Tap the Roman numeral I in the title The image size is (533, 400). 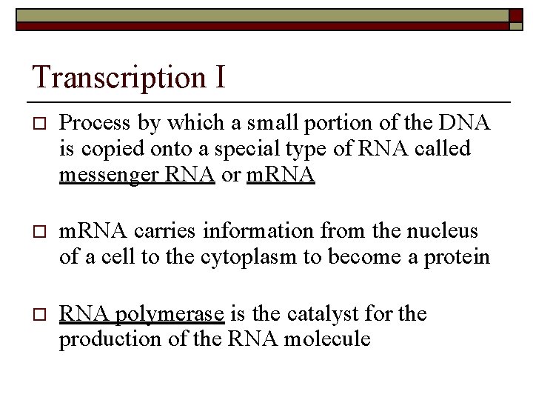click(x=220, y=77)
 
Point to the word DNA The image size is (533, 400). click(x=464, y=124)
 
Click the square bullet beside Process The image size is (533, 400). click(x=39, y=124)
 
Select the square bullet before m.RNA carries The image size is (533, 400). click(x=39, y=233)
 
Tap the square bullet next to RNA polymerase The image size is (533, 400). click(x=39, y=315)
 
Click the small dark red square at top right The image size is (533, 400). click(x=515, y=16)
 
